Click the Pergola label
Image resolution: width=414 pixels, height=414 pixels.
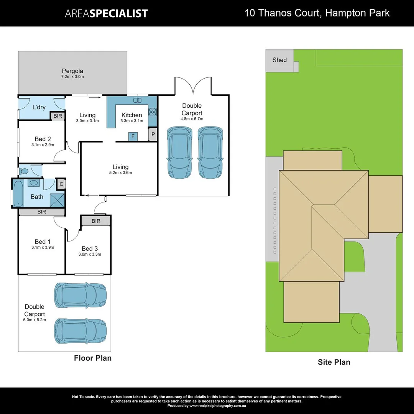(72, 71)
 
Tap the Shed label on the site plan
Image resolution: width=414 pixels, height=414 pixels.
(279, 60)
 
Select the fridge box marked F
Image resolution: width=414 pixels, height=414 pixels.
(133, 136)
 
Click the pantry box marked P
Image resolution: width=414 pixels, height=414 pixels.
(153, 135)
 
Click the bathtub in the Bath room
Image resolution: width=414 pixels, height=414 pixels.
(18, 193)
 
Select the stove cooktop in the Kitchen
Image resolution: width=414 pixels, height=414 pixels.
(153, 112)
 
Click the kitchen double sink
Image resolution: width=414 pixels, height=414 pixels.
(137, 100)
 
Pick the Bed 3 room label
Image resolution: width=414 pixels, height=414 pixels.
(89, 248)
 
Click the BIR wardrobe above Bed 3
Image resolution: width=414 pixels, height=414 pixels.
(96, 221)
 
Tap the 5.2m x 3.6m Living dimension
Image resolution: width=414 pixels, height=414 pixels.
(120, 173)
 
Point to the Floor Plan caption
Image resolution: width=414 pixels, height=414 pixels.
(93, 358)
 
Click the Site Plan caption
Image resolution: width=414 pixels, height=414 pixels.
(334, 362)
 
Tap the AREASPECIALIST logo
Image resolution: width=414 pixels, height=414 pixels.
(106, 13)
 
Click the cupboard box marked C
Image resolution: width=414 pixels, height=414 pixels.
(61, 184)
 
